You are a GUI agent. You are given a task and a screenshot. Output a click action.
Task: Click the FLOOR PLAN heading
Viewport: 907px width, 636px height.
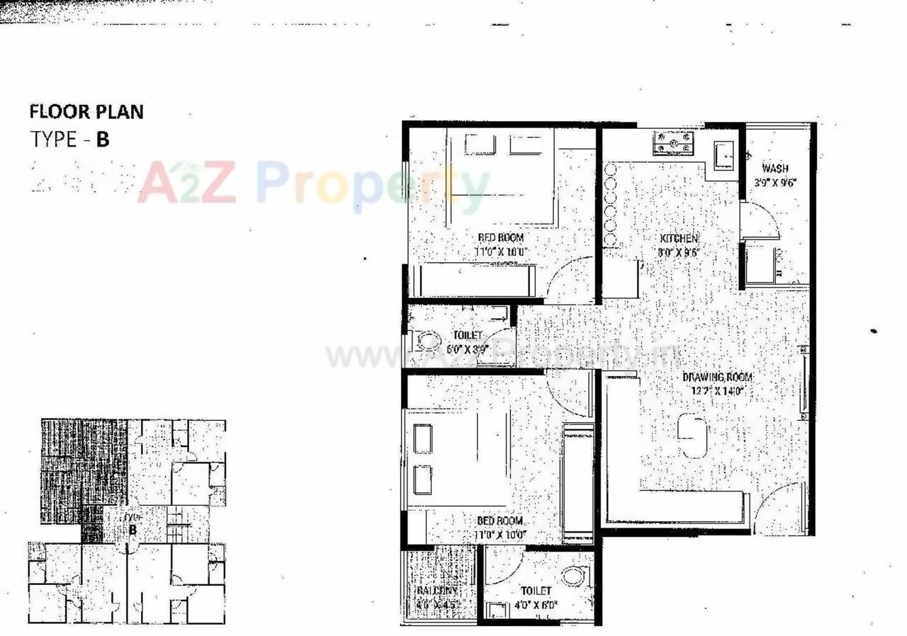(x=86, y=111)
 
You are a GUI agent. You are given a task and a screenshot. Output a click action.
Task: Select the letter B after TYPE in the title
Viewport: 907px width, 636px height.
(x=103, y=139)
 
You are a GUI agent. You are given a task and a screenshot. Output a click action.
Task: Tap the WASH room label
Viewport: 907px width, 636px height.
(x=774, y=169)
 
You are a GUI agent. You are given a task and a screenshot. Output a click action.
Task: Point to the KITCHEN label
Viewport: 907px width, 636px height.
(x=679, y=239)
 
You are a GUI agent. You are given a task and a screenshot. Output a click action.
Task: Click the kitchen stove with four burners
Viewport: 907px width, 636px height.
(x=674, y=144)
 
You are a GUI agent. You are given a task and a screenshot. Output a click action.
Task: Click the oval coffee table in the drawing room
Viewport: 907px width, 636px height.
(x=692, y=437)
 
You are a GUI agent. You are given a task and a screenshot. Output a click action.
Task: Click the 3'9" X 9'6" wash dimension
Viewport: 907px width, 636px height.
(x=776, y=182)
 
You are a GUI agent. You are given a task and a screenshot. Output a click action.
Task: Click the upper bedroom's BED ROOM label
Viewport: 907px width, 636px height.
(x=500, y=238)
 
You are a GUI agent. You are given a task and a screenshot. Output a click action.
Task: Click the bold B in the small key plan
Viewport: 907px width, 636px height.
(x=132, y=529)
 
